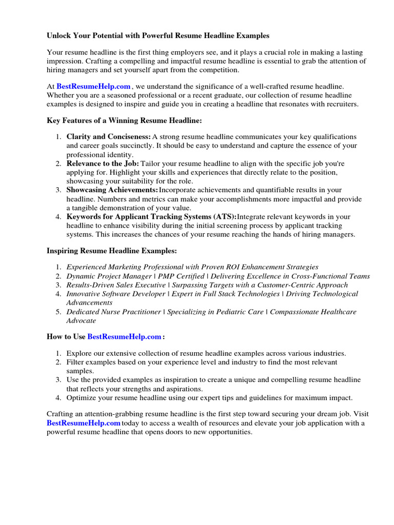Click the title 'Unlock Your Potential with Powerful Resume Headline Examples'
[x=158, y=36]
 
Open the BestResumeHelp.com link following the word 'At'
[x=93, y=87]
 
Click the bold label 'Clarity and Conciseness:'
[x=109, y=137]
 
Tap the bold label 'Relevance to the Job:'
[x=103, y=163]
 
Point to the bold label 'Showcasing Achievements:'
[x=112, y=190]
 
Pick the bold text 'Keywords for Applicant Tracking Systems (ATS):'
[x=151, y=216]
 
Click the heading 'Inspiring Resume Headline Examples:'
[x=112, y=251]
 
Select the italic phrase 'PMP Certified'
[x=179, y=276]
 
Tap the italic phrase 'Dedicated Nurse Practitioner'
[x=113, y=312]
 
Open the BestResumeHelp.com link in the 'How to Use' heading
[x=124, y=336]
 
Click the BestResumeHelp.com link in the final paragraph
[x=84, y=423]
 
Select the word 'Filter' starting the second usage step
[x=75, y=362]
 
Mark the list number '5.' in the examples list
[x=58, y=312]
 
